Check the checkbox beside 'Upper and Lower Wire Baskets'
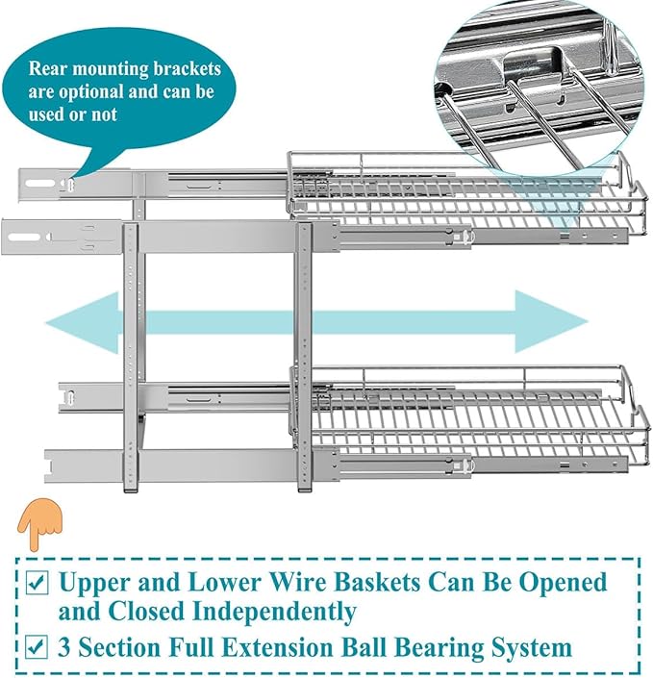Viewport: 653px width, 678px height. pos(36,583)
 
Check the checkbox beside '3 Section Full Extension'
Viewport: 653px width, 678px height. pos(36,647)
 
